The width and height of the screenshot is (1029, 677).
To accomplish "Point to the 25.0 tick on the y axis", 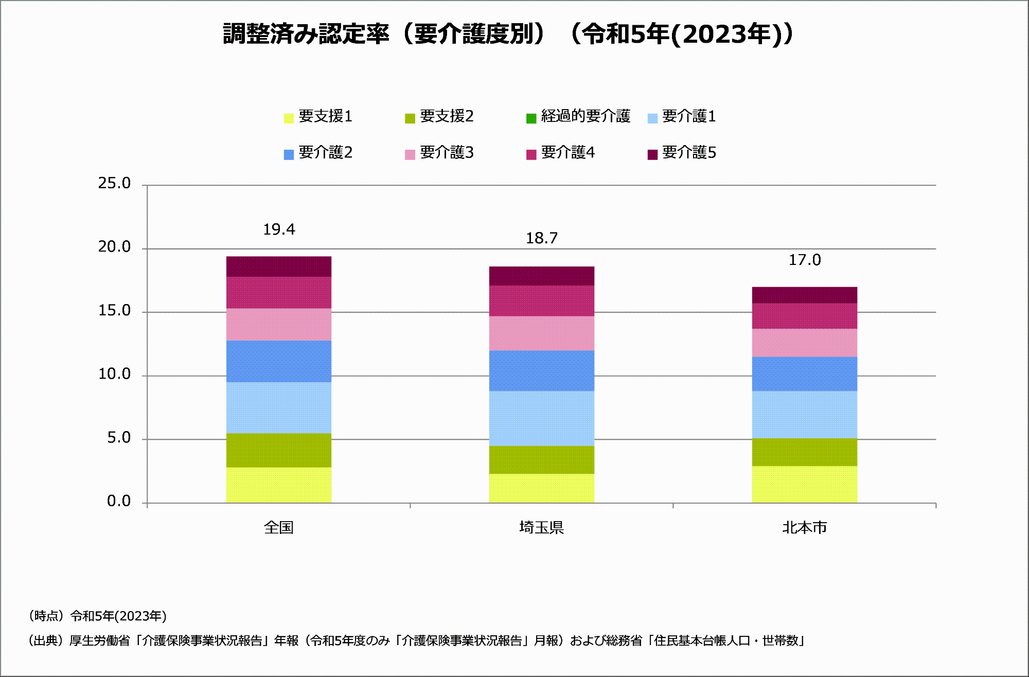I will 114,184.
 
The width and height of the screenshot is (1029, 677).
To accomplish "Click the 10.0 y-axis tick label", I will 114,375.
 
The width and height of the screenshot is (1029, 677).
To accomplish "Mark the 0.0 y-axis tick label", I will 118,502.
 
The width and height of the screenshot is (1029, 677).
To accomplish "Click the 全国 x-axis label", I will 279,528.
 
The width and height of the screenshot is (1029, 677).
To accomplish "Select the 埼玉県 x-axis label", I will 542,528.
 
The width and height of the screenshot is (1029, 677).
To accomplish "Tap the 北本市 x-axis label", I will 805,528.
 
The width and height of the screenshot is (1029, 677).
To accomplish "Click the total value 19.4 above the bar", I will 279,230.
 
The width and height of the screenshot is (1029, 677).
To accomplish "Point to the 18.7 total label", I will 542,239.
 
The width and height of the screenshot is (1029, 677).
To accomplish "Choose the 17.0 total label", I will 805,260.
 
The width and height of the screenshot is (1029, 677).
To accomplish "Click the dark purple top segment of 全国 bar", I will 279,266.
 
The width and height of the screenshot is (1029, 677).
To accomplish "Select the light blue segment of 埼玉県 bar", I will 542,418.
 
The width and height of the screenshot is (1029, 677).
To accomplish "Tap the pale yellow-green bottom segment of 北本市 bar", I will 805,484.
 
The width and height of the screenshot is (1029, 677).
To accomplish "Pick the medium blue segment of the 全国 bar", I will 279,361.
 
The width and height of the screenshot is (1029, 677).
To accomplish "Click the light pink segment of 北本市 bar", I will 805,343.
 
